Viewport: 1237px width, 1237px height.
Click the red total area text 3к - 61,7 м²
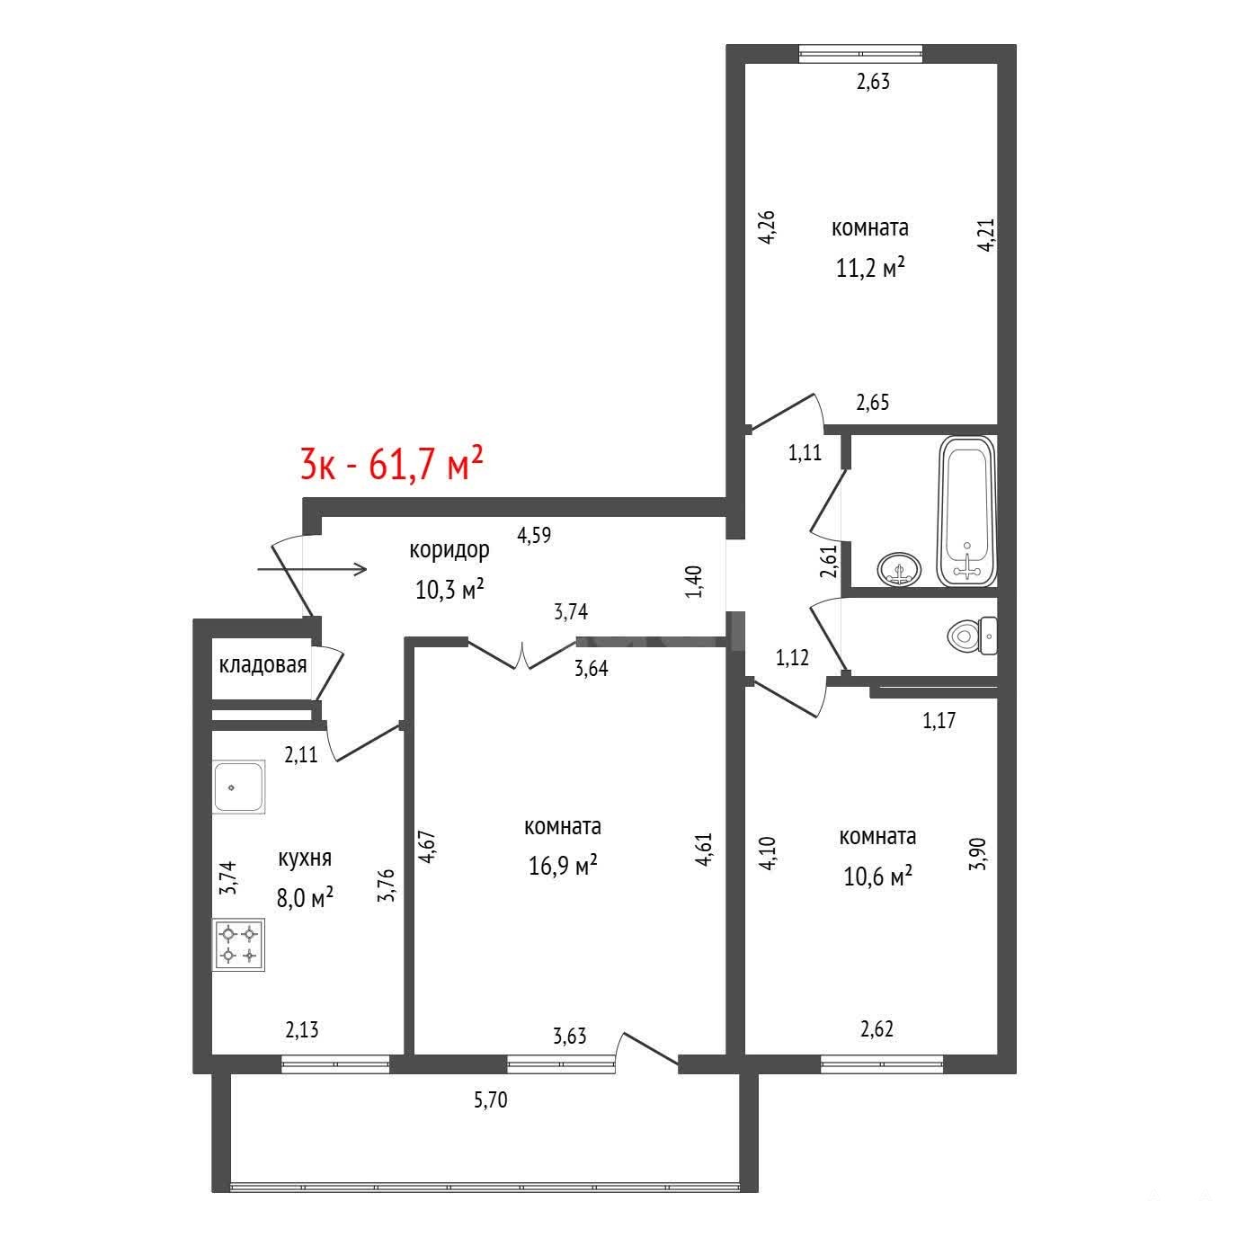tap(391, 464)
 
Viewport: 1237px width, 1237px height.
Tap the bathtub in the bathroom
tap(966, 512)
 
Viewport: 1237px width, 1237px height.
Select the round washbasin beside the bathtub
tap(899, 569)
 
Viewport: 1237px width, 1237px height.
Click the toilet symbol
tap(972, 636)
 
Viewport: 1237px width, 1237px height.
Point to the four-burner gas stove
tap(239, 947)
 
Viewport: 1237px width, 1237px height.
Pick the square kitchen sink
tap(239, 787)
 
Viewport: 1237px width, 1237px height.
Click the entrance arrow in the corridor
tap(312, 569)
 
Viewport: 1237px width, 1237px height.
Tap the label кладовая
tap(263, 665)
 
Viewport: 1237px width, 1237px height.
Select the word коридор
tap(449, 551)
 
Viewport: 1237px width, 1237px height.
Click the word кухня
tap(305, 859)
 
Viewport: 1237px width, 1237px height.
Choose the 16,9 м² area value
tap(563, 866)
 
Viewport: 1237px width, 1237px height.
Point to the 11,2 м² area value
tap(870, 267)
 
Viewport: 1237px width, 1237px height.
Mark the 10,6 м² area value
tap(878, 876)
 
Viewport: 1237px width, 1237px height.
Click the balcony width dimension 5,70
tap(491, 1100)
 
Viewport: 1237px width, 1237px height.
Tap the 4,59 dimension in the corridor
tap(534, 535)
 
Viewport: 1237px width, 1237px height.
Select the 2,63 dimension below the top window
tap(873, 82)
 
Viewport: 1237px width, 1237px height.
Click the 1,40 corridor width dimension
tap(694, 581)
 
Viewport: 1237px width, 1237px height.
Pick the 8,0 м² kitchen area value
tap(305, 897)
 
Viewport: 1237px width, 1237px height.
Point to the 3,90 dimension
tap(977, 854)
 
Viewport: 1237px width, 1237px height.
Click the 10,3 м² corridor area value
tap(450, 589)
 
